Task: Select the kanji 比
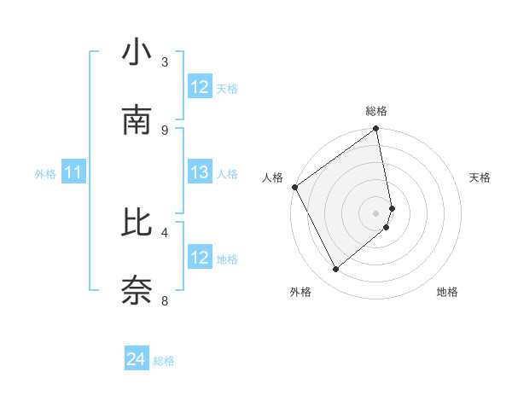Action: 137,223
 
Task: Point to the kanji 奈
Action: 137,290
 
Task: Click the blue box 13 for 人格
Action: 200,173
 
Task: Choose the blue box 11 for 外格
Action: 73,173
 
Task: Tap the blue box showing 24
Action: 137,360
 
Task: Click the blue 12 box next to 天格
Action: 200,87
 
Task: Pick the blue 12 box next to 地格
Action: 200,258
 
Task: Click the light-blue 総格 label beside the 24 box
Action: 165,361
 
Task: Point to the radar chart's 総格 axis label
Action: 376,111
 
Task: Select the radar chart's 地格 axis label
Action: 447,292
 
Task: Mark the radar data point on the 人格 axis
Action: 294,187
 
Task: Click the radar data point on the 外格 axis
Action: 336,269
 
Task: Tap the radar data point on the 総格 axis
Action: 376,130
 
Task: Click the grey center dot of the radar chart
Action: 376,213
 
